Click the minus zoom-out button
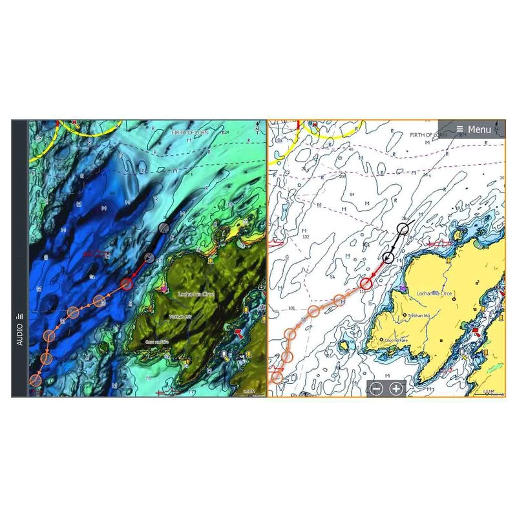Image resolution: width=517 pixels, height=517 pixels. coord(377,389)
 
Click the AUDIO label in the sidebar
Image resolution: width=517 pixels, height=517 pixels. coord(19,330)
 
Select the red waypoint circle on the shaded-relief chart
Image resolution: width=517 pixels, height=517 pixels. coord(126,282)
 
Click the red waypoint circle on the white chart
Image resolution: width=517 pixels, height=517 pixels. coord(366,282)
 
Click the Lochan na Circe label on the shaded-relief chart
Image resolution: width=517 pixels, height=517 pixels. coord(195,294)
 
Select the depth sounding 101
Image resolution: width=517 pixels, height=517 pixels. coord(291,308)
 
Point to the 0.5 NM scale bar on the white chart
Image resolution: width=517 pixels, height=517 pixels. coord(489,391)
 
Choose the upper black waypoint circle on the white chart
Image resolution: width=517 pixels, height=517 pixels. coord(404,228)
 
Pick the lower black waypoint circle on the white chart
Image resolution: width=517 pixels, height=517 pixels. coord(388,258)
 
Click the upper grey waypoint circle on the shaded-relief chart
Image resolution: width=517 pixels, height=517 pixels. coord(164,227)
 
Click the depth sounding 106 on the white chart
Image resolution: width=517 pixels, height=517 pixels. coord(341,175)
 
